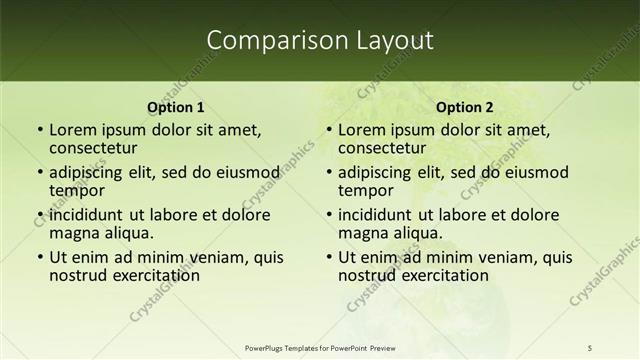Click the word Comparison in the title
click(x=266, y=41)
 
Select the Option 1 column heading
click(x=176, y=107)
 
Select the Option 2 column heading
click(x=465, y=107)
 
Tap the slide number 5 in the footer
click(x=590, y=347)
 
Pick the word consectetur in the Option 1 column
click(x=98, y=147)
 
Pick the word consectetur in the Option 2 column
click(x=387, y=147)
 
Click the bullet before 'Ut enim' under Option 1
click(x=39, y=257)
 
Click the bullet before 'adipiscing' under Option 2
click(x=328, y=172)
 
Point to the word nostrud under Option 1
click(x=77, y=274)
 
